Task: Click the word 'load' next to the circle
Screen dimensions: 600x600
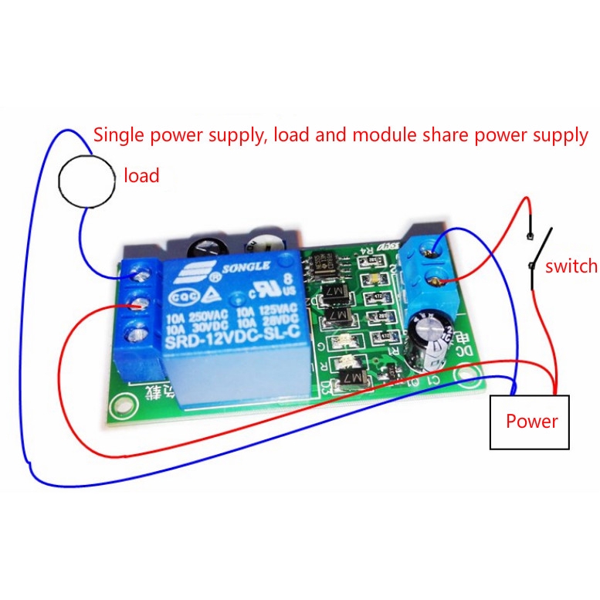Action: pyautogui.click(x=141, y=176)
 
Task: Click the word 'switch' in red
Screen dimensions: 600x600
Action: pyautogui.click(x=571, y=266)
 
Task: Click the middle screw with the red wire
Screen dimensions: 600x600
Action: pyautogui.click(x=141, y=303)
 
